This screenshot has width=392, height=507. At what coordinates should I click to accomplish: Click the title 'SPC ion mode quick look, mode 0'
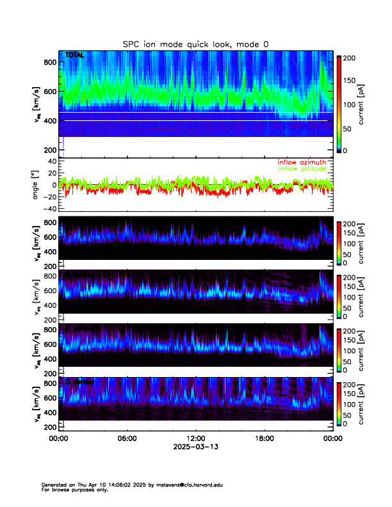(196, 44)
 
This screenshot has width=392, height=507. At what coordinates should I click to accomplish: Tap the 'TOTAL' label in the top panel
(75, 56)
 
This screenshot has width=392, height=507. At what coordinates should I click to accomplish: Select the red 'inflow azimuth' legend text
(302, 163)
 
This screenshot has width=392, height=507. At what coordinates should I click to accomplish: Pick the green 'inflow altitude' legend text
(302, 169)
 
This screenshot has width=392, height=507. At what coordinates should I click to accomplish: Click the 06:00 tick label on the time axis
(127, 439)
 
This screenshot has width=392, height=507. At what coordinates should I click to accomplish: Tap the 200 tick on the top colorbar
(350, 58)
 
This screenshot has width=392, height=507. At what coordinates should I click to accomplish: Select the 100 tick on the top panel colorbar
(350, 104)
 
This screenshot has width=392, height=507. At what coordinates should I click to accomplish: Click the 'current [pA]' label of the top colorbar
(370, 104)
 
